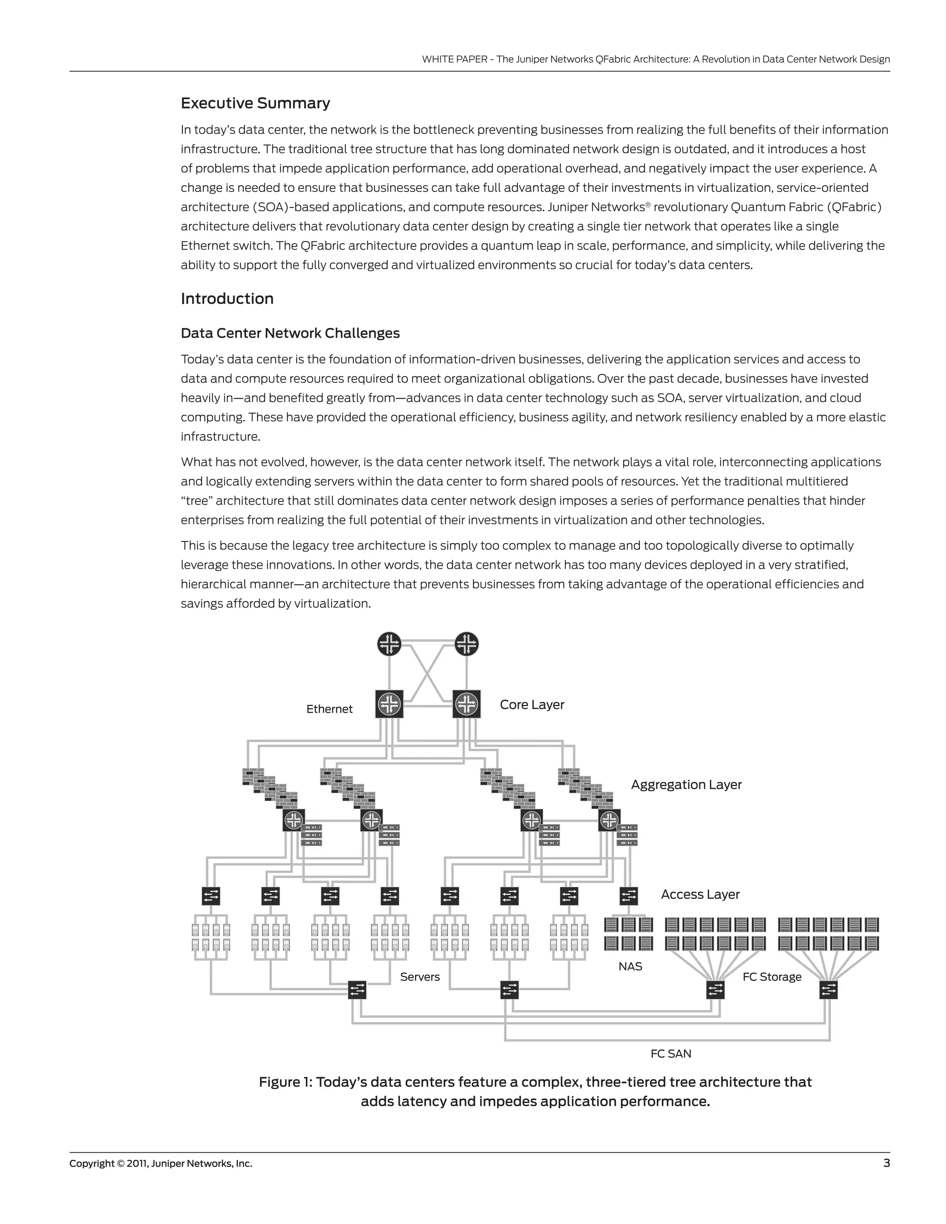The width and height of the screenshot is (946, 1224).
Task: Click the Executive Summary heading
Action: [x=255, y=103]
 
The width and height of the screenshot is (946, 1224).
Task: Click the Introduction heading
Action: [x=227, y=298]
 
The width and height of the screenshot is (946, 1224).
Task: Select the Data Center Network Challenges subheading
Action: [x=290, y=333]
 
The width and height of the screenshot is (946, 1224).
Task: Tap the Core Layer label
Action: [x=531, y=704]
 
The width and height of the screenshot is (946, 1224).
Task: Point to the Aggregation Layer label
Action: [x=685, y=785]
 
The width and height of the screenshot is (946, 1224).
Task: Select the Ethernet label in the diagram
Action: [x=329, y=709]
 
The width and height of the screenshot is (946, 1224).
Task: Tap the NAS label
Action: [x=630, y=966]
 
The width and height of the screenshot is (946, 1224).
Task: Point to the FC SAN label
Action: [x=670, y=1054]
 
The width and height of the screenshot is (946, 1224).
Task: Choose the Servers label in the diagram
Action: [x=419, y=977]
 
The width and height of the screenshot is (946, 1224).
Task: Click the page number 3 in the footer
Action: [x=886, y=1163]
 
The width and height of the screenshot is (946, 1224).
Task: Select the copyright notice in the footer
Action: [x=161, y=1163]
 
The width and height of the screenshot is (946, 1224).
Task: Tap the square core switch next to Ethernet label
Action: [x=389, y=704]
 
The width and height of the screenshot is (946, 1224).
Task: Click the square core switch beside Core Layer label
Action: [x=466, y=704]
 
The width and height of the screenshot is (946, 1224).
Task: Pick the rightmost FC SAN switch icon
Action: [x=828, y=990]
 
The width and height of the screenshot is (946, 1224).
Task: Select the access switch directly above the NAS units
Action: [x=628, y=896]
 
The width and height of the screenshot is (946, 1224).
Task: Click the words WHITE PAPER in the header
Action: [x=454, y=60]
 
